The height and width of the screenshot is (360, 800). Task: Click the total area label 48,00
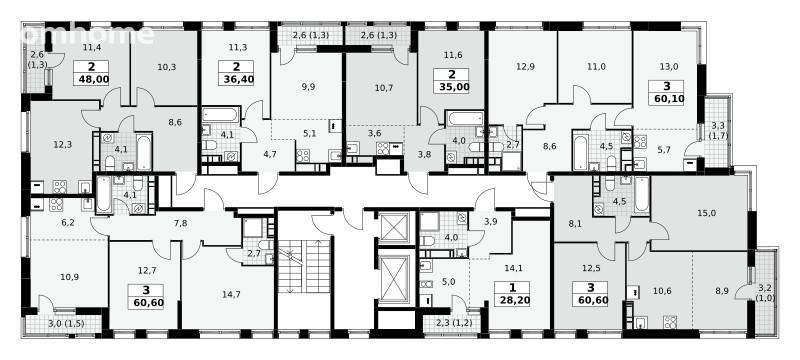[92, 80]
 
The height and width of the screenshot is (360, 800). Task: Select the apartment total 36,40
[236, 80]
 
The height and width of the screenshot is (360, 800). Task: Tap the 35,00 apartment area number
[452, 87]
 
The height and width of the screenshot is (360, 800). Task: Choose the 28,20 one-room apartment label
[512, 299]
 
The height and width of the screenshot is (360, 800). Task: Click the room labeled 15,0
[706, 213]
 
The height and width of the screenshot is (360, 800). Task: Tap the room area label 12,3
[62, 144]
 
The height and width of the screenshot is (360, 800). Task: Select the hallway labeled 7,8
[181, 222]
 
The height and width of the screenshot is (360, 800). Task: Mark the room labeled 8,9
[721, 291]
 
